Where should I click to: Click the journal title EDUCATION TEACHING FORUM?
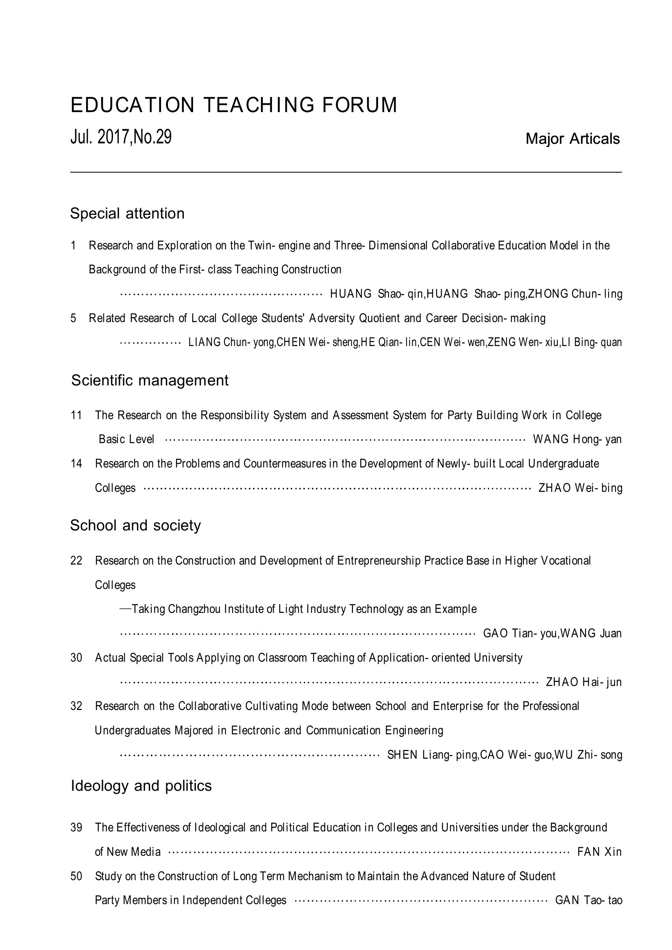pos(234,105)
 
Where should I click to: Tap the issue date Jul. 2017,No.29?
pos(121,137)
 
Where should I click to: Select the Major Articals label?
pos(572,139)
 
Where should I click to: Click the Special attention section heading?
pos(127,214)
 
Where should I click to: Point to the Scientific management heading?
pos(150,380)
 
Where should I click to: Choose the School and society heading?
pos(135,525)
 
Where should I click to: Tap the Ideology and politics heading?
pos(141,786)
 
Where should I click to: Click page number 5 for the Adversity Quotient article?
pos(73,318)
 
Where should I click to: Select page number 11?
pos(76,415)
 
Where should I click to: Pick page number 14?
pos(76,463)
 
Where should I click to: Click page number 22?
pos(76,560)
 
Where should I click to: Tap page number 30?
pos(76,658)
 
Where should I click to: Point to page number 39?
pos(76,827)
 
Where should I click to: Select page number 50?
pos(76,876)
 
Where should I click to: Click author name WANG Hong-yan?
pos(577,439)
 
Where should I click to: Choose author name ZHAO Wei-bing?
pos(580,488)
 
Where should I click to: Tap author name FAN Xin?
pos(599,852)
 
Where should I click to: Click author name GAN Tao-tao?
pos(588,900)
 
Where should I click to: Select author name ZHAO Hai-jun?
pos(584,682)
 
